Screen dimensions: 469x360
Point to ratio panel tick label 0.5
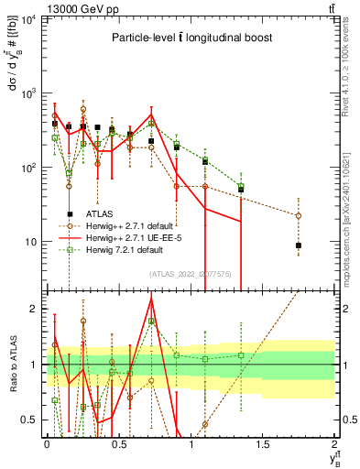(x=31, y=420)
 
